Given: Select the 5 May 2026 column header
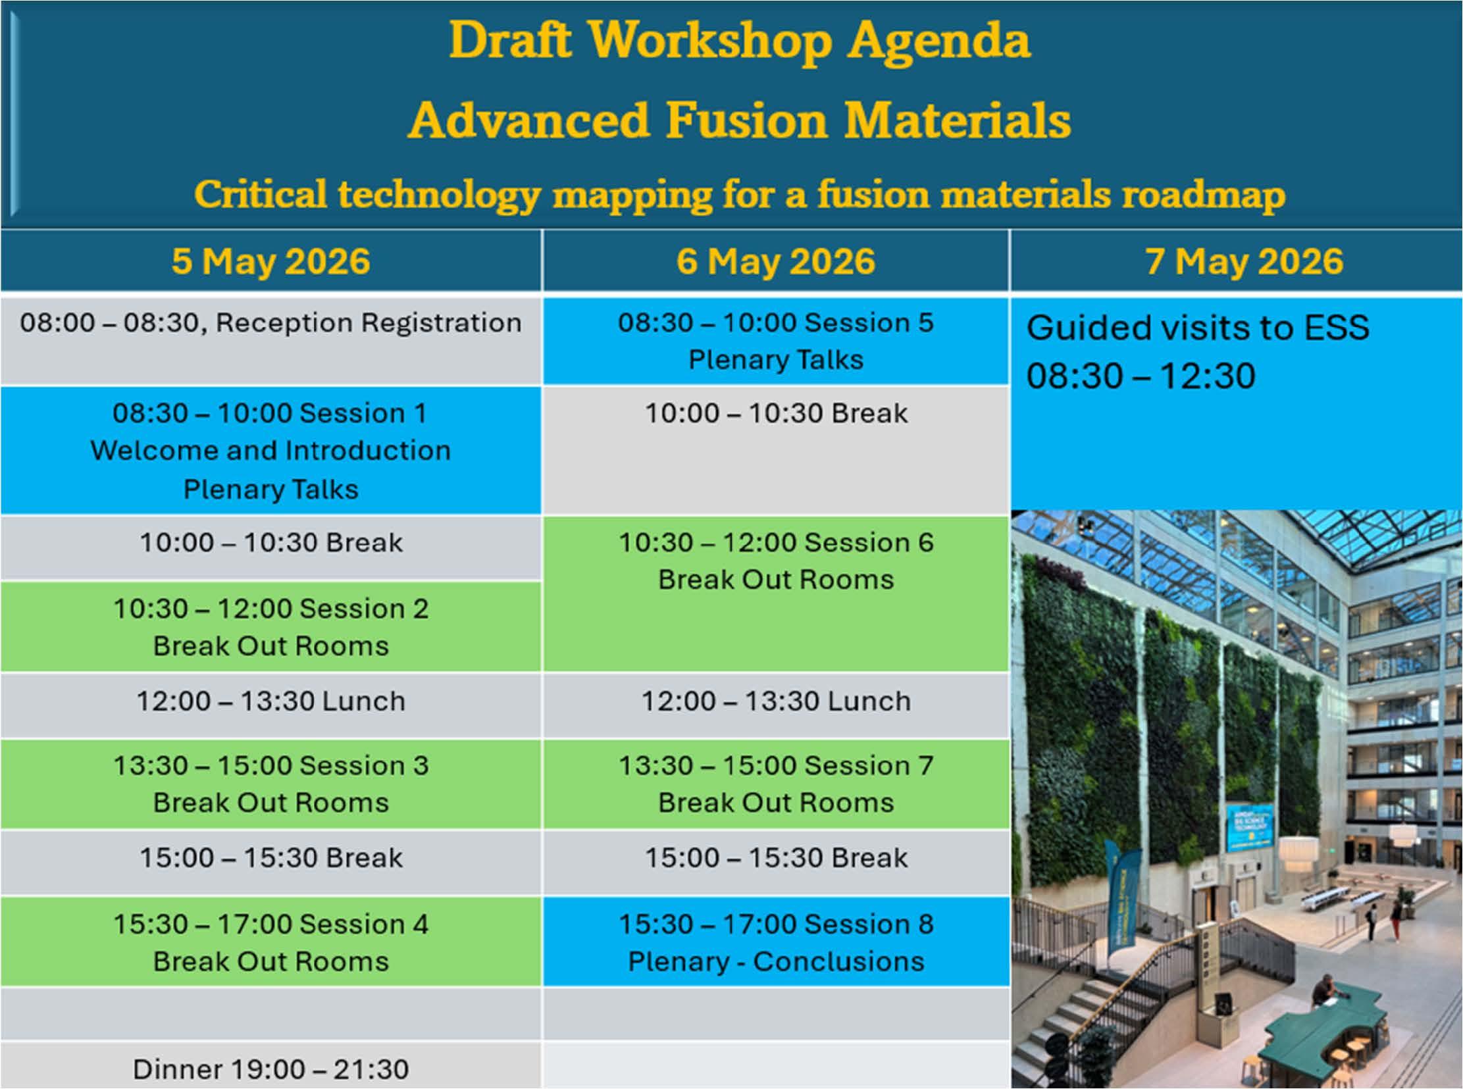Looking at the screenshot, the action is (x=271, y=261).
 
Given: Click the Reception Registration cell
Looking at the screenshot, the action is (x=271, y=341).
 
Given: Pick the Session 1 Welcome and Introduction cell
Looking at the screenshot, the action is (x=271, y=450).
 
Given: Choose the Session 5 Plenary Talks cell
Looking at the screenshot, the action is (x=776, y=341).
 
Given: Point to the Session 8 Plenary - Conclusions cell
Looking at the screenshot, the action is (x=776, y=942).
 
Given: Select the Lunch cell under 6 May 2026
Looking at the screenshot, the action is (x=776, y=704).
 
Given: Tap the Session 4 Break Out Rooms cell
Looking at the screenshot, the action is (x=271, y=942).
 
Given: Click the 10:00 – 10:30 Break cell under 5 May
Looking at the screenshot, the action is (x=271, y=547).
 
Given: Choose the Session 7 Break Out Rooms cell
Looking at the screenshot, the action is (x=776, y=783).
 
